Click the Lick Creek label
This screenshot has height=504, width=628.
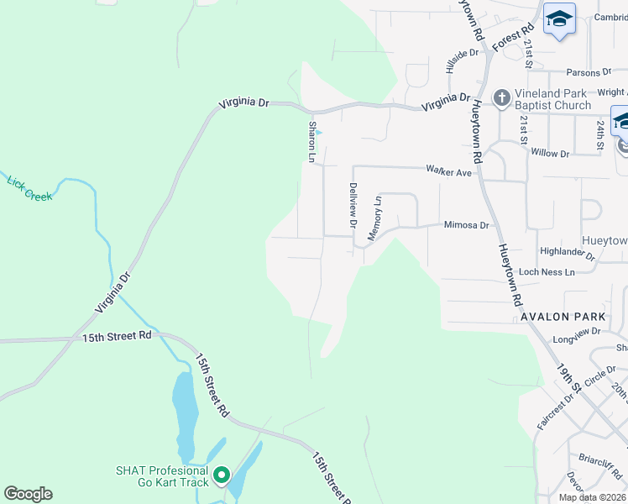click(x=29, y=188)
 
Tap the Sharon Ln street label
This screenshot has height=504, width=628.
click(x=312, y=141)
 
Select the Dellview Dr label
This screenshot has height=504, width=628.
click(x=353, y=206)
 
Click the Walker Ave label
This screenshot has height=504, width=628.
click(x=448, y=171)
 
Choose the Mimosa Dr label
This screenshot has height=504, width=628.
click(x=466, y=225)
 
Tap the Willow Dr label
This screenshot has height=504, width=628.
click(x=550, y=154)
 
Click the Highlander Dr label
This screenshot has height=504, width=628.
click(x=568, y=252)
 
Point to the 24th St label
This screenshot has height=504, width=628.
click(x=601, y=134)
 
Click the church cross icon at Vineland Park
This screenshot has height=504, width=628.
click(x=501, y=99)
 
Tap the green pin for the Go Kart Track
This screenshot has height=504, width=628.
click(x=222, y=476)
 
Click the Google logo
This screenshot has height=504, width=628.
click(x=28, y=494)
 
